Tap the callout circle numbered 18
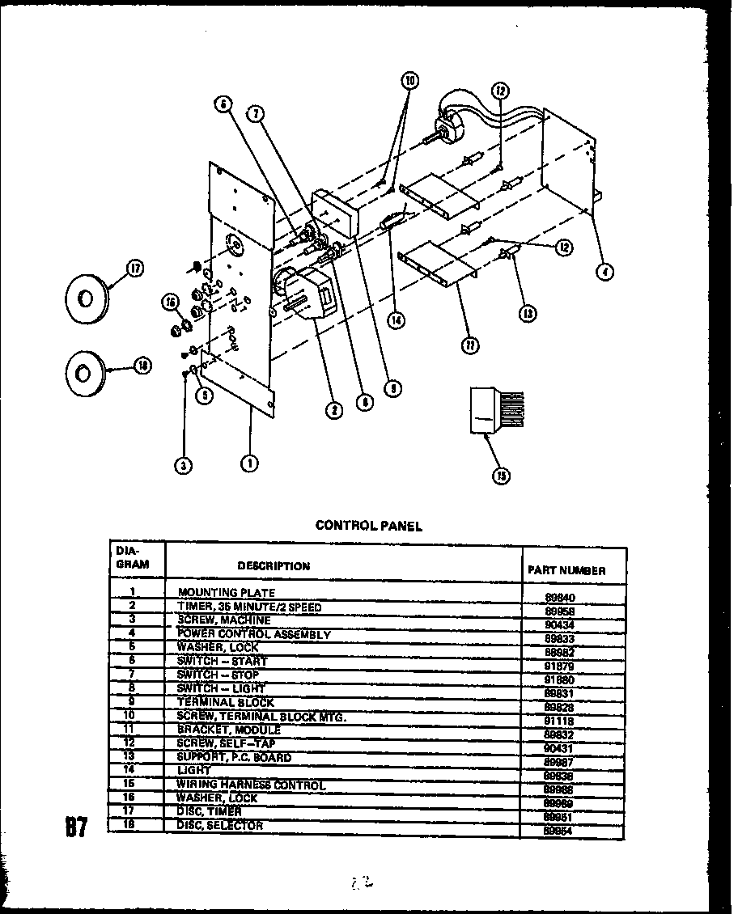coord(142,366)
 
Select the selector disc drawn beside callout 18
coord(84,374)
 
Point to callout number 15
coord(502,476)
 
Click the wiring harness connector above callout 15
coord(496,412)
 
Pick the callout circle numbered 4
coord(605,272)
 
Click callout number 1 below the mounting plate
coord(249,463)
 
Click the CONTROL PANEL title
coord(368,526)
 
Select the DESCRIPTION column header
coord(274,566)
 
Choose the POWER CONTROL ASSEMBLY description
coord(253,634)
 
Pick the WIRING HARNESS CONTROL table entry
coord(251,785)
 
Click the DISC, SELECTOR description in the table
coord(219,826)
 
